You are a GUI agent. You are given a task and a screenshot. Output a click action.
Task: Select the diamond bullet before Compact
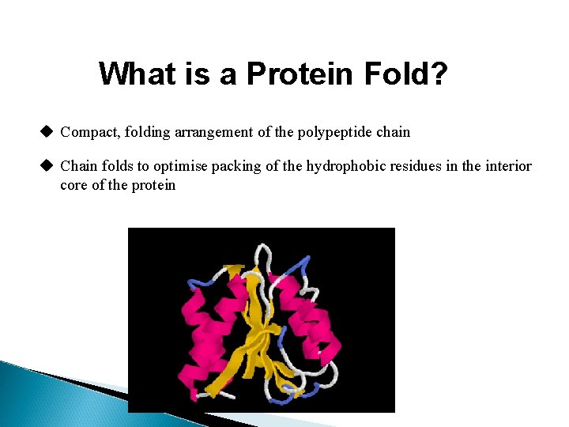click(x=47, y=131)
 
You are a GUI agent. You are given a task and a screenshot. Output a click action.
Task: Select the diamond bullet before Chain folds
click(x=47, y=165)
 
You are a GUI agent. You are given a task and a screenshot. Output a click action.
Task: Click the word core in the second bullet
click(x=74, y=186)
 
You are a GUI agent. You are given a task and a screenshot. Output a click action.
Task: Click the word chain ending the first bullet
click(x=393, y=132)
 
